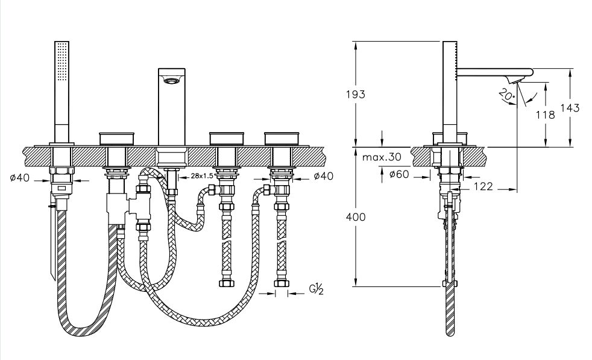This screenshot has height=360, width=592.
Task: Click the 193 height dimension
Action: click(x=356, y=94)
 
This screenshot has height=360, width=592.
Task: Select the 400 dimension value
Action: click(x=356, y=217)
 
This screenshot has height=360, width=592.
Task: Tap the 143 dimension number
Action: click(x=570, y=108)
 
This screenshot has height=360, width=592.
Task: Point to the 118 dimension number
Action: click(x=546, y=115)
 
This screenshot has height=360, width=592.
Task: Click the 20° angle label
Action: click(x=506, y=95)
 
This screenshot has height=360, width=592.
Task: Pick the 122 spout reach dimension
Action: click(x=483, y=186)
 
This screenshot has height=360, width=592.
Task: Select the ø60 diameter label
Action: click(x=398, y=174)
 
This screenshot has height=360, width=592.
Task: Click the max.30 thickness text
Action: click(x=382, y=157)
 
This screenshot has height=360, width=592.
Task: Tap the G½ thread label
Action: click(x=316, y=289)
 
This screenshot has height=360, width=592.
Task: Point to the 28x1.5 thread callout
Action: click(x=202, y=175)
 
